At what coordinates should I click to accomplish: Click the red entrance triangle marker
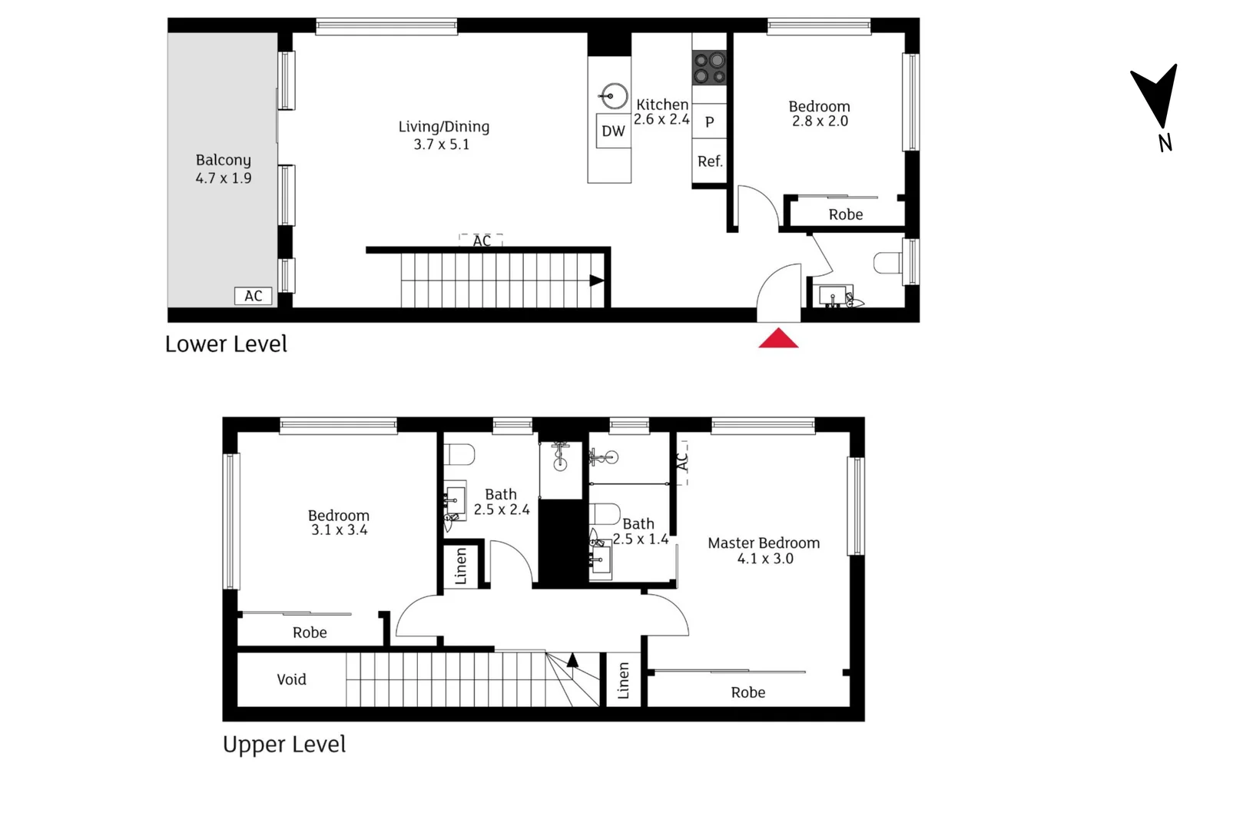778,339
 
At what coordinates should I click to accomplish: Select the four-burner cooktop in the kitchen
709,68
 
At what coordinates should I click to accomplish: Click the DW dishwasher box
613,131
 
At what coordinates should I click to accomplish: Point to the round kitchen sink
614,97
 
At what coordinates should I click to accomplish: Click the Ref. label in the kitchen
710,161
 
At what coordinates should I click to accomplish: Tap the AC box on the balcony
254,296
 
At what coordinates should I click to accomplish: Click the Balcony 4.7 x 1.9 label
224,169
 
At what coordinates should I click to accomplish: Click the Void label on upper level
291,679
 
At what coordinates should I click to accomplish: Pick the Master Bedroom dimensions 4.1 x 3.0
765,559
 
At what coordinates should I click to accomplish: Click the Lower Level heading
226,344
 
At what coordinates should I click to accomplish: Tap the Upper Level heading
284,744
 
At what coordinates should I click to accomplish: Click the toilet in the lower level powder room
889,263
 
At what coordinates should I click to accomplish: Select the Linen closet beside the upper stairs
623,680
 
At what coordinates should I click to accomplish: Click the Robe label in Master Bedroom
747,692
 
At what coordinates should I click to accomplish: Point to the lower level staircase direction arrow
596,281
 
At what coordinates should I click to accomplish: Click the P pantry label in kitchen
709,122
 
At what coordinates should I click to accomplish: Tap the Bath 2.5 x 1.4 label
640,531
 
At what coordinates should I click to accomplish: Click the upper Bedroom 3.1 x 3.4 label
339,523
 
